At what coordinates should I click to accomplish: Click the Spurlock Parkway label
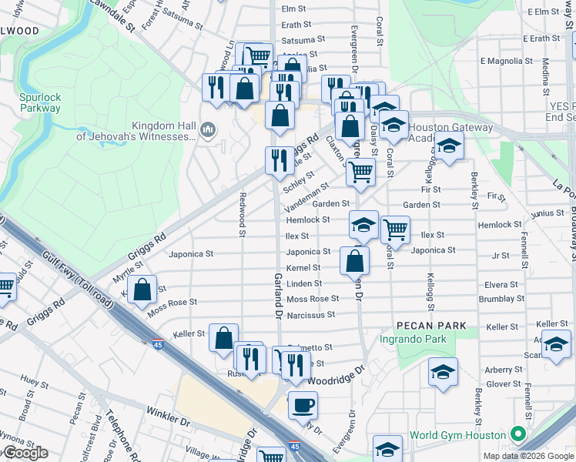(x=40, y=102)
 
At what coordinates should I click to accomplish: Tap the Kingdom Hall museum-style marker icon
(x=207, y=131)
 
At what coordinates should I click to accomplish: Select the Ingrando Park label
(x=413, y=339)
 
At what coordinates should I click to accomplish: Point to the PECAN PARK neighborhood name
(x=431, y=326)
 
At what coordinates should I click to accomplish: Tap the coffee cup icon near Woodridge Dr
(x=303, y=403)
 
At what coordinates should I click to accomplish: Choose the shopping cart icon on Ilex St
(x=395, y=228)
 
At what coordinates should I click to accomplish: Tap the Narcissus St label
(x=310, y=315)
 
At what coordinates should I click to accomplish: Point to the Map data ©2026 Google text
(x=527, y=456)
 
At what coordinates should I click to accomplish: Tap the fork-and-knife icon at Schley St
(x=279, y=159)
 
